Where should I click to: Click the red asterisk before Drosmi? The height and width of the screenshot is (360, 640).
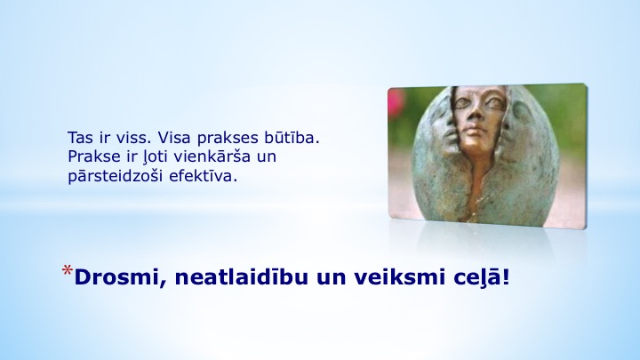tap(68, 270)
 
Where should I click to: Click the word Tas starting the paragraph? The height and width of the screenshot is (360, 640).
tap(80, 138)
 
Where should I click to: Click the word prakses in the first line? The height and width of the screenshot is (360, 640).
tap(228, 139)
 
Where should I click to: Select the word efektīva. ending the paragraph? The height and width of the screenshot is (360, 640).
tap(203, 176)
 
